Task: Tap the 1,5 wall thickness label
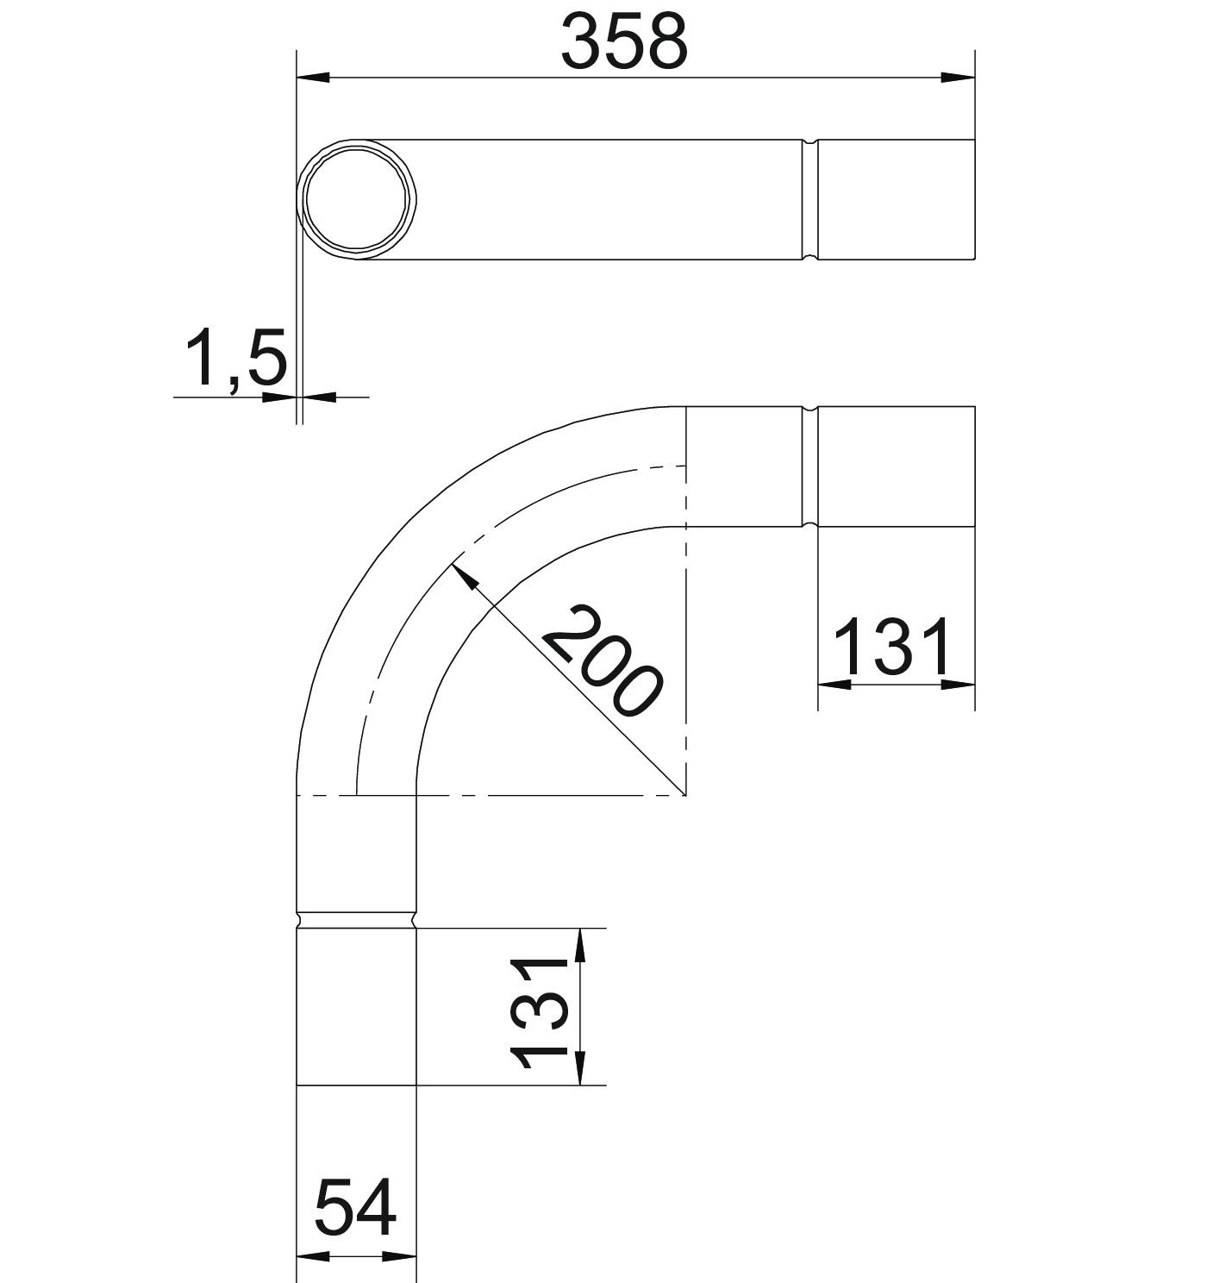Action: (236, 357)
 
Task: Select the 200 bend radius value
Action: (600, 662)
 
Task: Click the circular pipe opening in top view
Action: (357, 200)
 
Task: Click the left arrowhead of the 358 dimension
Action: (313, 78)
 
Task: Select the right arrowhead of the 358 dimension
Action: (958, 78)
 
